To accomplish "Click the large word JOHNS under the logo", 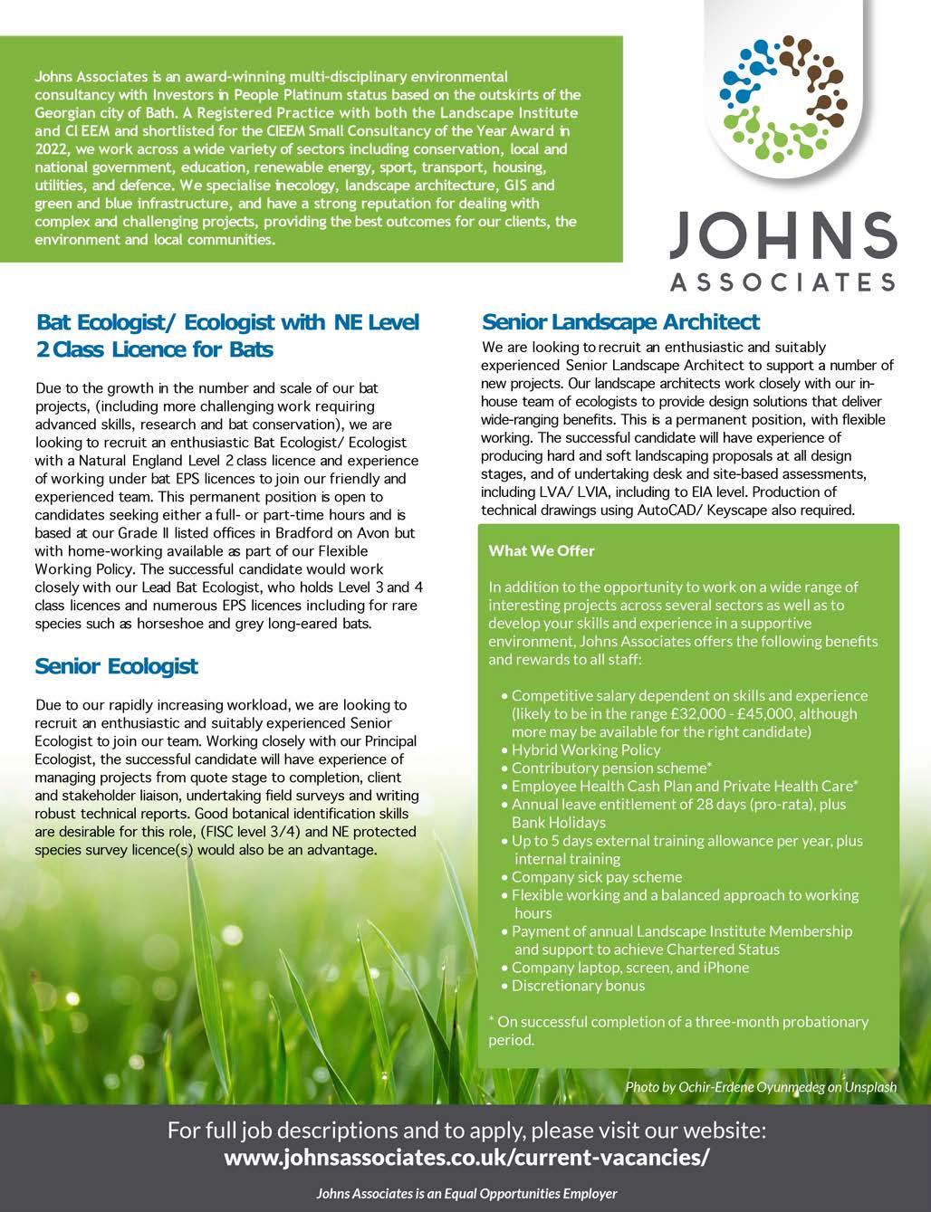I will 783,236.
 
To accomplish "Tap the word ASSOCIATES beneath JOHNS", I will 783,282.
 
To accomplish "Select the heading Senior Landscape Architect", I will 620,322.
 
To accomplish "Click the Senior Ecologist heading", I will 116,666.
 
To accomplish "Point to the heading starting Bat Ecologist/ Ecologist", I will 227,335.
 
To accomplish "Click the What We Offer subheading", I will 542,550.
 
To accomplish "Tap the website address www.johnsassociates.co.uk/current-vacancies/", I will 466,1158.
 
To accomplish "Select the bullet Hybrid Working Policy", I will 586,749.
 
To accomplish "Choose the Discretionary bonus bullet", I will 578,985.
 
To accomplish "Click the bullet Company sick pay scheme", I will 597,876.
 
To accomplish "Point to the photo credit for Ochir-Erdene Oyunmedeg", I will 760,1086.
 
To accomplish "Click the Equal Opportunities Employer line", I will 466,1193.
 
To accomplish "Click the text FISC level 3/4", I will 256,832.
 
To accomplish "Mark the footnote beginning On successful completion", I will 678,1030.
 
